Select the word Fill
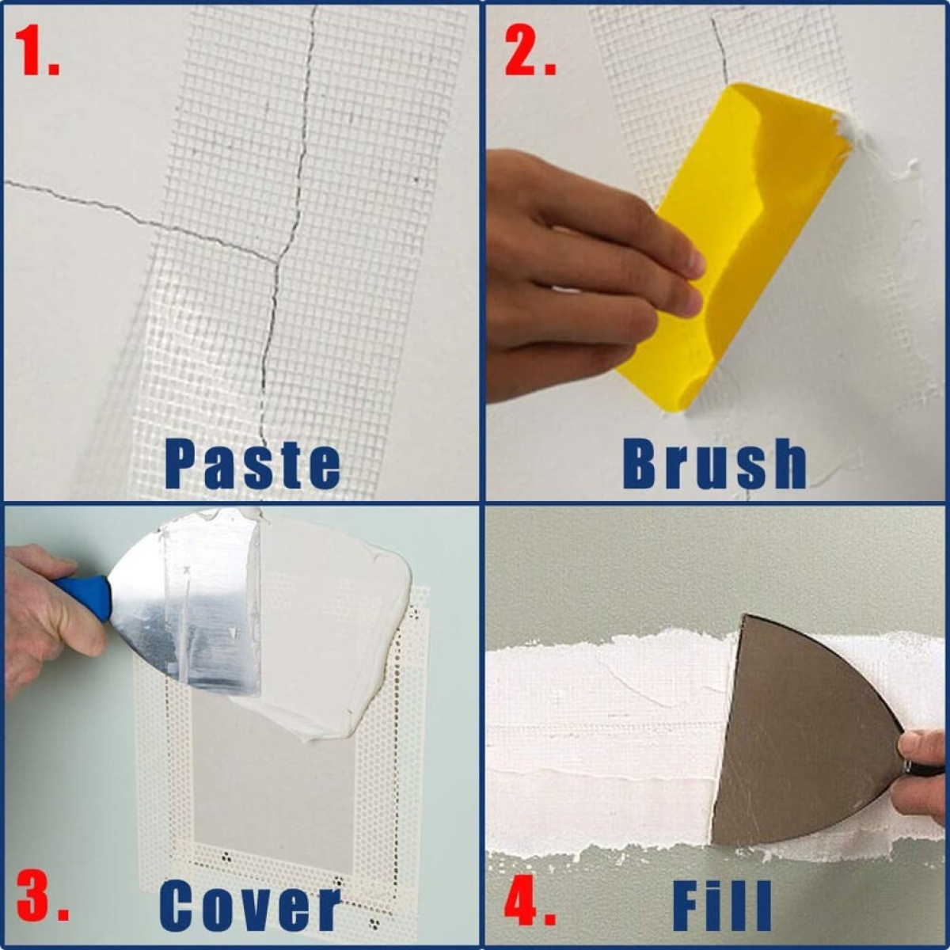(721, 906)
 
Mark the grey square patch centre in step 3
(273, 784)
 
